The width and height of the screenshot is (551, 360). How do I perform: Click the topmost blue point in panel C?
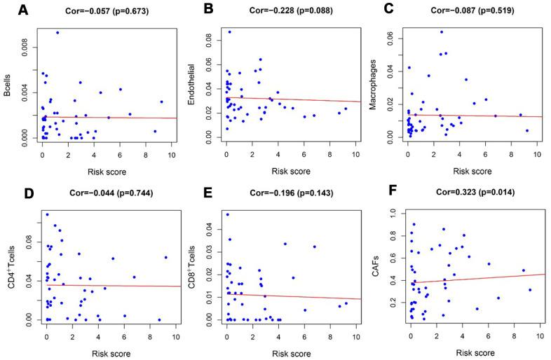[x=442, y=32]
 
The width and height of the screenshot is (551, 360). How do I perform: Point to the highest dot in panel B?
[x=229, y=32]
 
